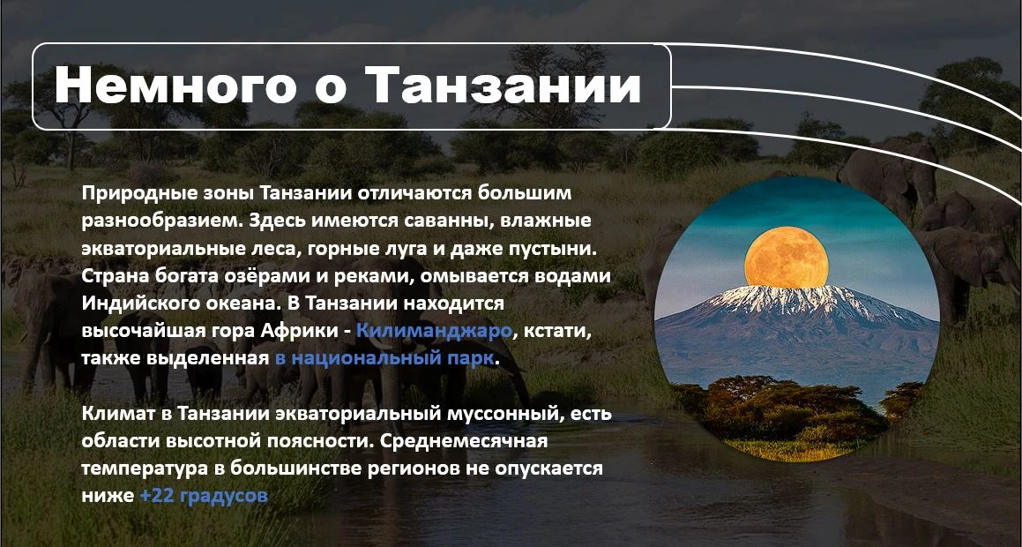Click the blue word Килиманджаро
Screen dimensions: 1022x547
coord(434,331)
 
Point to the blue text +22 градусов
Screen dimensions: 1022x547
coord(204,496)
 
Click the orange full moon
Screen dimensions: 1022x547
coord(786,257)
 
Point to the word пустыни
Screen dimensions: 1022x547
coord(567,249)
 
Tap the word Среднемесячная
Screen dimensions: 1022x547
coord(464,441)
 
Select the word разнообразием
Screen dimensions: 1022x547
coord(162,221)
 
